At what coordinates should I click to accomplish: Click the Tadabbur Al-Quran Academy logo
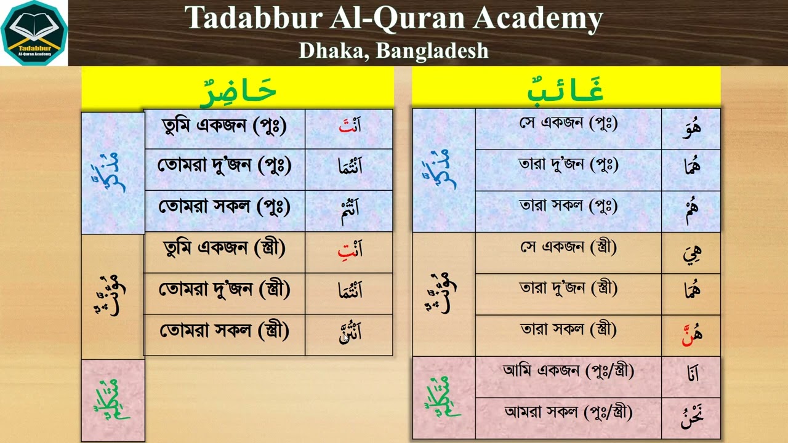pyautogui.click(x=34, y=33)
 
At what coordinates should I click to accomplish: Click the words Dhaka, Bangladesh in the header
pyautogui.click(x=393, y=50)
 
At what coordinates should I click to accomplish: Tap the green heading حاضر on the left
pyautogui.click(x=238, y=90)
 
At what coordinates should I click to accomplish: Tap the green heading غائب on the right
pyautogui.click(x=566, y=90)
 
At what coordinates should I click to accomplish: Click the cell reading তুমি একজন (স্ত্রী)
pyautogui.click(x=224, y=249)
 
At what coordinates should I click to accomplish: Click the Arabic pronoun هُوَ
pyautogui.click(x=691, y=129)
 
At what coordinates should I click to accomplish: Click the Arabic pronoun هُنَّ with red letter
pyautogui.click(x=691, y=335)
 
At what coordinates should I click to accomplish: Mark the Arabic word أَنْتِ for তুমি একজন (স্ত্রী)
pyautogui.click(x=350, y=250)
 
